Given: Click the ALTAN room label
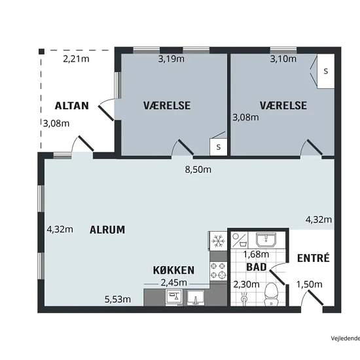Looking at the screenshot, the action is [72, 106].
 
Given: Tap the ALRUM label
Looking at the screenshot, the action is [107, 230].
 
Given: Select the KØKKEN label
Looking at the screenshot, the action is [173, 270].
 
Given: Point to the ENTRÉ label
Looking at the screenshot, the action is [314, 258].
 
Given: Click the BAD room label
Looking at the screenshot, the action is [257, 267].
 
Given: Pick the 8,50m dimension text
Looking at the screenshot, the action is [198, 170].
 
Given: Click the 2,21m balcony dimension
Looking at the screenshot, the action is [76, 59].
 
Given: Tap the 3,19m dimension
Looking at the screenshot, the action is [171, 59].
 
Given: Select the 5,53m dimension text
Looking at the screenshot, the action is [118, 299].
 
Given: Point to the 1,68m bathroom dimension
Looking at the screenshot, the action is [256, 254].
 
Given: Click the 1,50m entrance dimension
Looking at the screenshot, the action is [309, 285].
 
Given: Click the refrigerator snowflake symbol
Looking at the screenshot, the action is [217, 241].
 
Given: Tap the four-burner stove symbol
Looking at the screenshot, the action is [219, 270].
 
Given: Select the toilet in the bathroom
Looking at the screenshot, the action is [271, 295].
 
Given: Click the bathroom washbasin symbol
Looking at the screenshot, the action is [266, 240].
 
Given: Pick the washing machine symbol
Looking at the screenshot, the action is [240, 240].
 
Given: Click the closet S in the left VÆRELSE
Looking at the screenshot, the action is [219, 147].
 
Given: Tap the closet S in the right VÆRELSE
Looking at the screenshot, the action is [325, 71].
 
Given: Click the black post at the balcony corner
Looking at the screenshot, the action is [41, 52].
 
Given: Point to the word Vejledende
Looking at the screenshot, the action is [346, 338].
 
